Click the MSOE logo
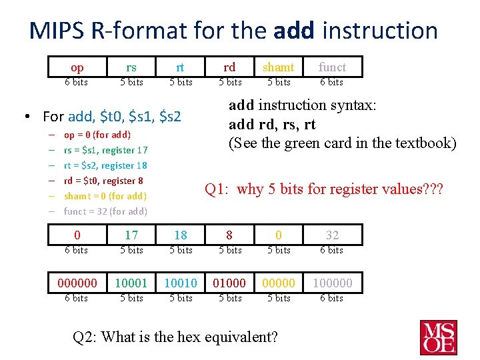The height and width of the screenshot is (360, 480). (x=438, y=337)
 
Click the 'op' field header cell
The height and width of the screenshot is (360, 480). (x=77, y=67)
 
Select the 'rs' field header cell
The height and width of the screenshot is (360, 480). (x=131, y=67)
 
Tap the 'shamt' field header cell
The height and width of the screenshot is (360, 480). (x=278, y=67)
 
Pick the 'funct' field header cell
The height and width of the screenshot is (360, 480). (x=332, y=67)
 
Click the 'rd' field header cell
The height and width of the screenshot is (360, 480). (x=229, y=67)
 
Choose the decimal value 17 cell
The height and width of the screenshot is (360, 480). (x=131, y=235)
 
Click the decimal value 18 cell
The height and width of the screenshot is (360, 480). (x=181, y=235)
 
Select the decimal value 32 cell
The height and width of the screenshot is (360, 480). (x=332, y=235)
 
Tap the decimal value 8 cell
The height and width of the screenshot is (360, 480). (x=229, y=235)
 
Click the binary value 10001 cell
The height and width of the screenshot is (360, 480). (x=131, y=283)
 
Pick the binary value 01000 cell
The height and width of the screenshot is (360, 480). (x=229, y=283)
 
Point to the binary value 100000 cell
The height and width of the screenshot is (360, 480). (x=332, y=283)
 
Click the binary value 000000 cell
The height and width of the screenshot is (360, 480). (x=77, y=283)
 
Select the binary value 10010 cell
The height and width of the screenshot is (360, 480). (x=181, y=283)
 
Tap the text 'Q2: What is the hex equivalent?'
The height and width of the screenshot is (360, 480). (x=175, y=337)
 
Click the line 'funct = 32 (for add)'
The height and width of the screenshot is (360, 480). (x=105, y=211)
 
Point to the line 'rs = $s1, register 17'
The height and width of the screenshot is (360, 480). (x=105, y=150)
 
